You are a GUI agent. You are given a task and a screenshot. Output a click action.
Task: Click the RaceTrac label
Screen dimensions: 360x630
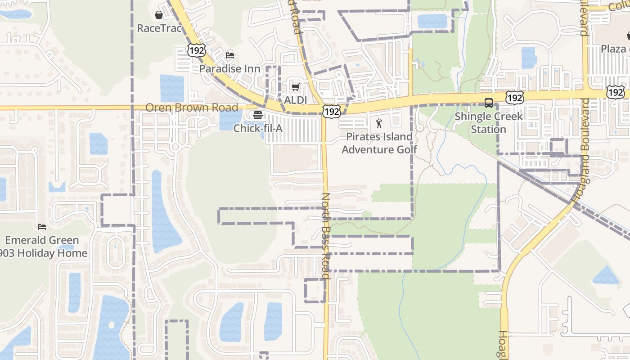[159, 28]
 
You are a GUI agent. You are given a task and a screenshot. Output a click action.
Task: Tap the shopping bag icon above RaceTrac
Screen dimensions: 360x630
[159, 15]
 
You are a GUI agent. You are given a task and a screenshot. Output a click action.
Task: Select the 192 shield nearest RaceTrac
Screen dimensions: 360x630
[197, 50]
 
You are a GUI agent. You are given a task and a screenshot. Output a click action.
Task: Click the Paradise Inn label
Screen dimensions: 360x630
[230, 69]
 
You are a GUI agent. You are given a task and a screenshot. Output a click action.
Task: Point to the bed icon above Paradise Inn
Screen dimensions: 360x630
[230, 56]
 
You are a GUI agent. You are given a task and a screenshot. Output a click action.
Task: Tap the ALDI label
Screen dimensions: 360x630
[295, 100]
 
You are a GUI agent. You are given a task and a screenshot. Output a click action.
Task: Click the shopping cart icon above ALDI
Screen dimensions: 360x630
[295, 87]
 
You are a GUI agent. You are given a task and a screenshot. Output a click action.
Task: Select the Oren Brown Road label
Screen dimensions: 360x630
[192, 108]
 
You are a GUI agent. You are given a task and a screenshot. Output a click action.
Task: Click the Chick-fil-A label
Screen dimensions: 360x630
[258, 128]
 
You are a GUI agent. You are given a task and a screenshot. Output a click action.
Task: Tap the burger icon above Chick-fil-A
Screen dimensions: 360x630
[258, 115]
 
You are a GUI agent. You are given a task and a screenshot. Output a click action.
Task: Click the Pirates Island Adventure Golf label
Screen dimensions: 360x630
[379, 143]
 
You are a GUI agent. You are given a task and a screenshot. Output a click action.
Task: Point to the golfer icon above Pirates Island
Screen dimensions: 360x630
[379, 123]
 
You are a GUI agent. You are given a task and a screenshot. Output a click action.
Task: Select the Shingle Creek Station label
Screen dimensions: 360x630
[489, 122]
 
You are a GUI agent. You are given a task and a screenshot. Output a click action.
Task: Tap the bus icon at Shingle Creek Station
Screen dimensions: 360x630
[489, 103]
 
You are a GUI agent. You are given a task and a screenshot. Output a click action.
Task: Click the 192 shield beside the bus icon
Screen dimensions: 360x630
[514, 98]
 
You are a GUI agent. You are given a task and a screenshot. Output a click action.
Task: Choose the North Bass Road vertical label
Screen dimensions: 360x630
[326, 236]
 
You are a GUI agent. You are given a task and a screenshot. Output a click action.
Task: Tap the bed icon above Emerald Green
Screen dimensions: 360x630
[42, 227]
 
